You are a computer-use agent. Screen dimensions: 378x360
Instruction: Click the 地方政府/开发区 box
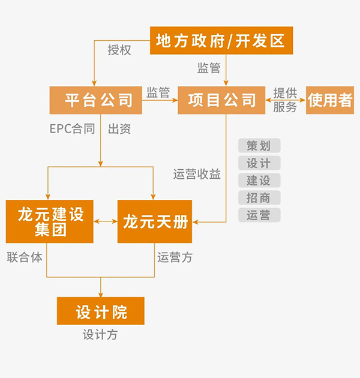click(221, 41)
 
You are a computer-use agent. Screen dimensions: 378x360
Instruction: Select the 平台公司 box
click(96, 100)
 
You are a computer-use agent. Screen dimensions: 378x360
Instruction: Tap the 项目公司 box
click(221, 100)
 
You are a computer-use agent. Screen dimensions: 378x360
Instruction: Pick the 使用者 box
click(330, 100)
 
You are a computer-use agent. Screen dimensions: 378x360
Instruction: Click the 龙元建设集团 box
click(50, 221)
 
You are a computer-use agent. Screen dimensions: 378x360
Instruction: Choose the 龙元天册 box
click(155, 221)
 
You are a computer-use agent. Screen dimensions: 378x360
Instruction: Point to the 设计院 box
click(101, 311)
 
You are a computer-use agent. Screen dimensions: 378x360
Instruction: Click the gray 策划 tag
click(259, 146)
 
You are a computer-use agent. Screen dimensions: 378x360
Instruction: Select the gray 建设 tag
click(259, 181)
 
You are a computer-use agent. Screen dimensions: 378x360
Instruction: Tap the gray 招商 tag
click(259, 198)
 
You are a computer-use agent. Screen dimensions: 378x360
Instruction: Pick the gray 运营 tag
click(259, 215)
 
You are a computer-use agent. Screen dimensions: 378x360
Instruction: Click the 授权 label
click(119, 50)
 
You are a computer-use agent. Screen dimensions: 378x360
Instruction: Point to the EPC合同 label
click(72, 128)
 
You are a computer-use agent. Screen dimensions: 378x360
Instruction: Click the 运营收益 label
click(197, 175)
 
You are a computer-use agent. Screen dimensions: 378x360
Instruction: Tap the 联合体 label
click(25, 257)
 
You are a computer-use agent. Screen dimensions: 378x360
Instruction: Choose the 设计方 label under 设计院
click(100, 335)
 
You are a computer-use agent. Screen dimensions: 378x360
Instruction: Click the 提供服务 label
click(285, 100)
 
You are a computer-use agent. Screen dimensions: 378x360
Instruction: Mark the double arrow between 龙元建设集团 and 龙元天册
click(106, 222)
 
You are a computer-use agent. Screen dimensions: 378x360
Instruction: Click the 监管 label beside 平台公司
click(158, 92)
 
